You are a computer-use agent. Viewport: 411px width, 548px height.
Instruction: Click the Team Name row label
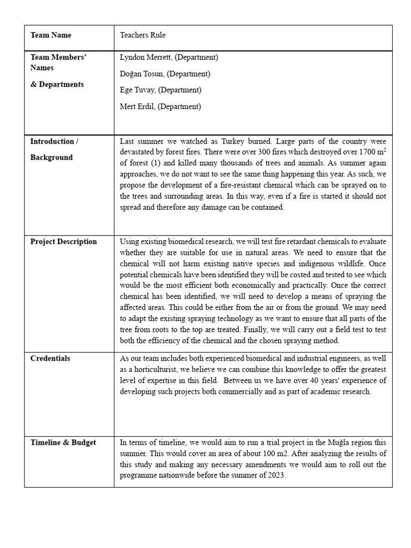pos(51,35)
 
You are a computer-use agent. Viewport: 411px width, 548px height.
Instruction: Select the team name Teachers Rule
pos(143,35)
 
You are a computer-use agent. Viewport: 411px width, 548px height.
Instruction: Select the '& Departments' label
pos(57,85)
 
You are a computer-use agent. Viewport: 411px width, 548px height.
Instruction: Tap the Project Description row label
pos(63,241)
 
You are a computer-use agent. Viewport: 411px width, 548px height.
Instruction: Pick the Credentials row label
pos(50,358)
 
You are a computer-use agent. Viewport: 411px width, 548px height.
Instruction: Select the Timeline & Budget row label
pos(63,442)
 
